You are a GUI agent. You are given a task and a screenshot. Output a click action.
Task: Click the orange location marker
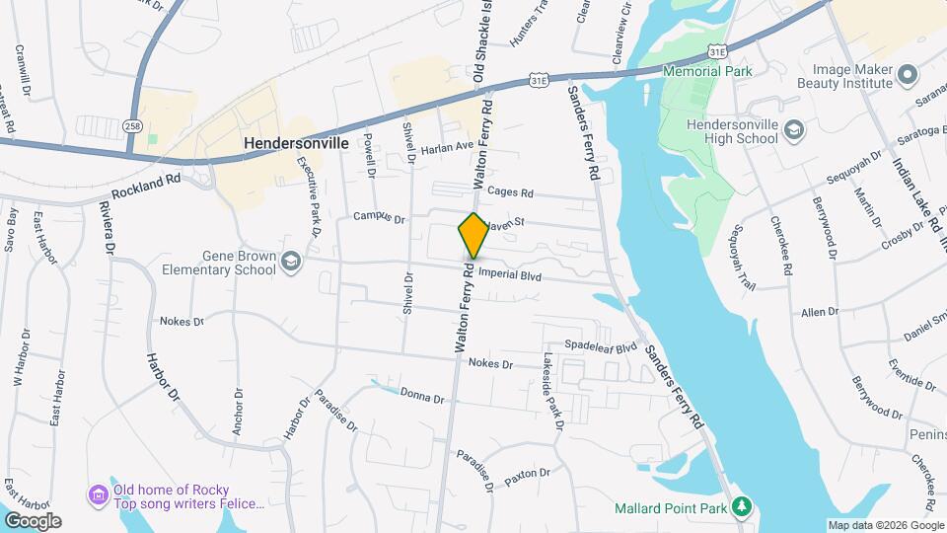(473, 236)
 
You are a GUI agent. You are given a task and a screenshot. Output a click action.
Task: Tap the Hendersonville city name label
(296, 143)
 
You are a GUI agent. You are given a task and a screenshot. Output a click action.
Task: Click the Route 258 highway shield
(133, 126)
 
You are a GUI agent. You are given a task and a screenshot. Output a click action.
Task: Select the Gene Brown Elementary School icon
(291, 261)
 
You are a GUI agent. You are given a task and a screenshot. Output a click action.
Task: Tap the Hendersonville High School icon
(796, 131)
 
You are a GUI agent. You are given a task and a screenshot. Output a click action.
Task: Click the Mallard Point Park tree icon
(742, 508)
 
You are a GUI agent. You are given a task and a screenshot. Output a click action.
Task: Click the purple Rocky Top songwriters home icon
(98, 494)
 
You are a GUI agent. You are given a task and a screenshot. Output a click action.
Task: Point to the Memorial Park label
(707, 71)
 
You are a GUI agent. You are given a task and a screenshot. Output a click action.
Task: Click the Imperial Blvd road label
(511, 277)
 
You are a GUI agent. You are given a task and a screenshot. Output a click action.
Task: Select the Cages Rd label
(509, 193)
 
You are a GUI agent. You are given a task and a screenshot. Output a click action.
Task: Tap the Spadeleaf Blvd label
(601, 347)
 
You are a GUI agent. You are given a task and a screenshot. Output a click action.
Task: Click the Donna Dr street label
(422, 396)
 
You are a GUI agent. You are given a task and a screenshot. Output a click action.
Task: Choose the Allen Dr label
(820, 312)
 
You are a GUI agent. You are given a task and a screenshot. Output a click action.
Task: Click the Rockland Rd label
(146, 187)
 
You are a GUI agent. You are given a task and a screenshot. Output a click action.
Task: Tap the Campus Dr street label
(380, 217)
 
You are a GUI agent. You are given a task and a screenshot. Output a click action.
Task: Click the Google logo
(33, 521)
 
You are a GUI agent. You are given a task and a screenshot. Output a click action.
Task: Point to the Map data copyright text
(884, 525)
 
